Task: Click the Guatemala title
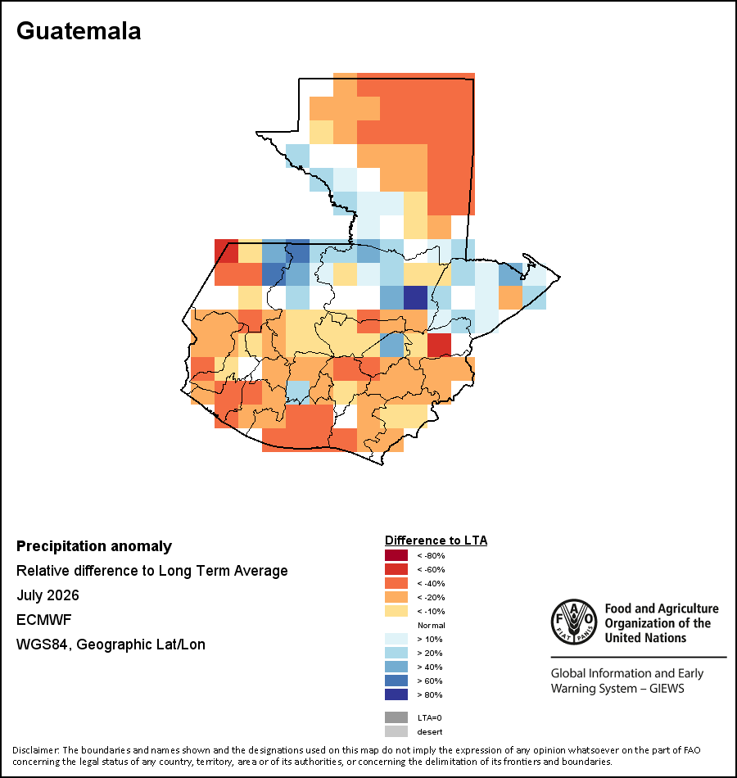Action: tap(79, 31)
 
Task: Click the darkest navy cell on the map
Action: tap(415, 298)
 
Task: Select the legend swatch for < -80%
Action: tap(396, 555)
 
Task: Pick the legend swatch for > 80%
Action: tap(396, 694)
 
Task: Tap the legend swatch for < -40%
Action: tap(396, 583)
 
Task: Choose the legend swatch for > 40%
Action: tap(396, 667)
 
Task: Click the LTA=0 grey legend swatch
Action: tap(396, 717)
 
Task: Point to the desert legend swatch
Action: tap(396, 731)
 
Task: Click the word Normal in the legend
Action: tap(432, 625)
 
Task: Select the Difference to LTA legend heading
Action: tap(436, 541)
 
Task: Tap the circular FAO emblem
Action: tap(574, 622)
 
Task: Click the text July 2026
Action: tap(47, 595)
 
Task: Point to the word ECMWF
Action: tap(44, 620)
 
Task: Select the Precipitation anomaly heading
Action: tap(94, 545)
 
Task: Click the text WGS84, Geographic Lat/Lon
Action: tap(111, 644)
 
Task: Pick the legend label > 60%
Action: tap(430, 681)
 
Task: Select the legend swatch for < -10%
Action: tap(396, 611)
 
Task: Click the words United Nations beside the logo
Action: tap(645, 638)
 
